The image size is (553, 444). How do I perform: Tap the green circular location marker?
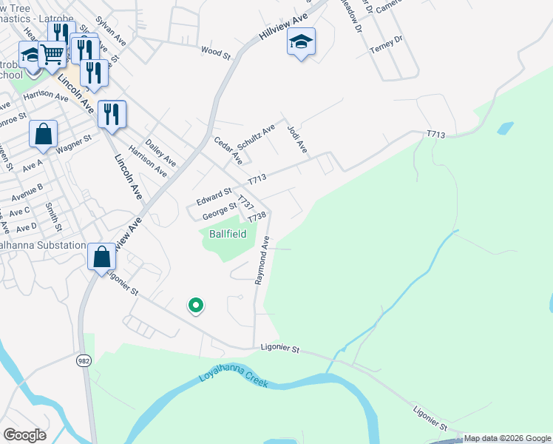click(x=196, y=304)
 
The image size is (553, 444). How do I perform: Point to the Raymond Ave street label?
click(x=262, y=260)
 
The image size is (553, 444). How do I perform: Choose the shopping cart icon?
click(x=52, y=53)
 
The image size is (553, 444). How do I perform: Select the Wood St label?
click(x=216, y=53)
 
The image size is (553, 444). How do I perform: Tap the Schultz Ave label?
click(x=256, y=133)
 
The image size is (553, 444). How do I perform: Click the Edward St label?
click(x=214, y=197)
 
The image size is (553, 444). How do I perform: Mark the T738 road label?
click(x=257, y=218)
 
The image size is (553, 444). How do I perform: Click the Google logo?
click(x=25, y=435)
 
